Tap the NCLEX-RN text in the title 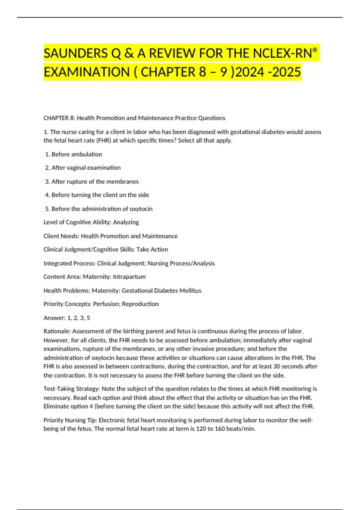pyautogui.click(x=282, y=53)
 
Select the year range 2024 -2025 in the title pyautogui.click(x=268, y=72)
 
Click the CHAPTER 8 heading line pyautogui.click(x=134, y=118)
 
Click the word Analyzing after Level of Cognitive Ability pyautogui.click(x=126, y=222)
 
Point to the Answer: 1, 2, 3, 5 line pyautogui.click(x=67, y=318)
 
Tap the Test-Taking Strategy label pyautogui.click(x=71, y=389)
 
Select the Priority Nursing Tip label pyautogui.click(x=70, y=420)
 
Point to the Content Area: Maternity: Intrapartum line pyautogui.click(x=94, y=277)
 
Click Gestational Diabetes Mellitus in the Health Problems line pyautogui.click(x=161, y=290)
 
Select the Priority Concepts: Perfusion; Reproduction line pyautogui.click(x=101, y=304)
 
